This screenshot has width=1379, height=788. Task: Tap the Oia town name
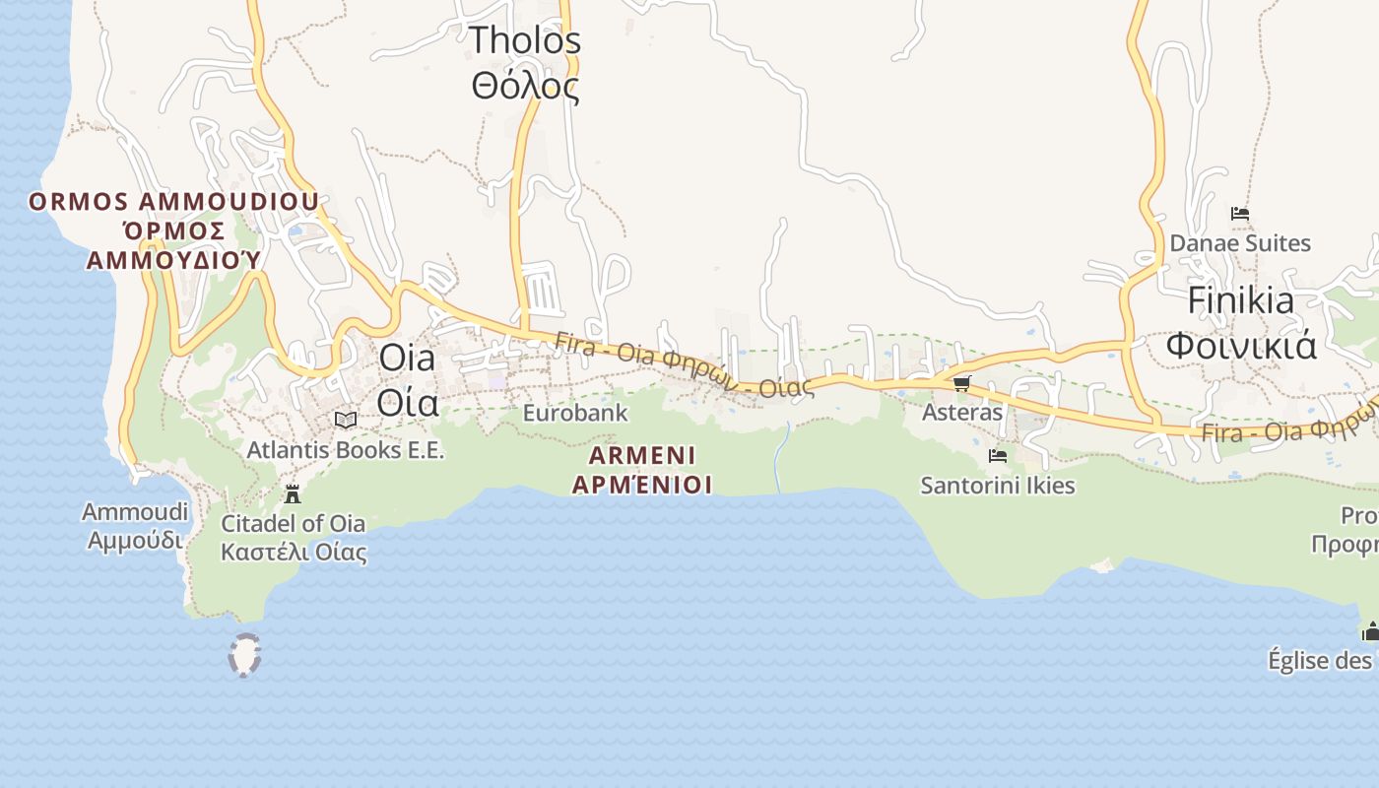[408, 380]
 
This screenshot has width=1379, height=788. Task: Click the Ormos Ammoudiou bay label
[173, 230]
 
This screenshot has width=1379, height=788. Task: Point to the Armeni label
[642, 470]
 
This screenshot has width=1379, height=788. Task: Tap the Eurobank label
[574, 413]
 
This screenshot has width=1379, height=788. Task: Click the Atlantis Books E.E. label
[346, 450]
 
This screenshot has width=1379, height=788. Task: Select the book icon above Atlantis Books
[345, 421]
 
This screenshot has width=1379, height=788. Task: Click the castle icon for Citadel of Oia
[293, 493]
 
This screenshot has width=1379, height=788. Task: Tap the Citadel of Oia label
[293, 537]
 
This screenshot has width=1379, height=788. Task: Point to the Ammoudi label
[135, 526]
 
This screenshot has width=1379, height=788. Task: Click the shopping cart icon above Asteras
[961, 383]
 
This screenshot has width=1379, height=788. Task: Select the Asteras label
[961, 412]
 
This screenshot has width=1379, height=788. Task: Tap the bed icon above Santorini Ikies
[997, 456]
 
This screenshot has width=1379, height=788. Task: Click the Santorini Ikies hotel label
[997, 486]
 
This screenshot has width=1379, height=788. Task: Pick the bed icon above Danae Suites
[1240, 213]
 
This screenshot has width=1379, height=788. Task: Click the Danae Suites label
[1240, 242]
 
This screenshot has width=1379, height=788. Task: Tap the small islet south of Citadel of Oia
[244, 655]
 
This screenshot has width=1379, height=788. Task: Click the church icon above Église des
[1370, 631]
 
